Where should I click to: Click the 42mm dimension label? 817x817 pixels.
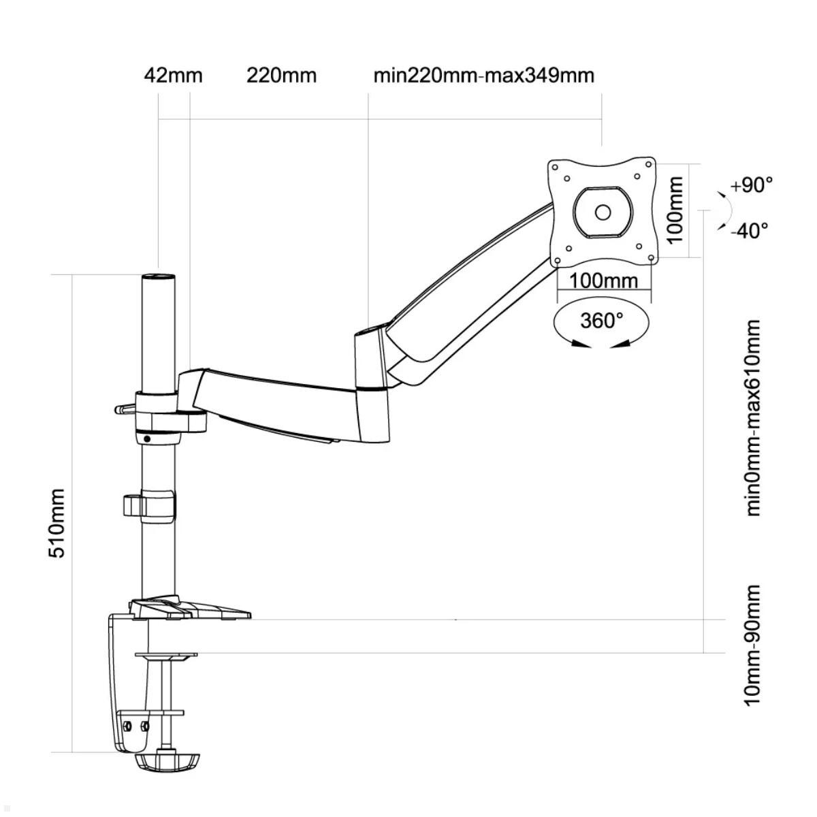(x=173, y=75)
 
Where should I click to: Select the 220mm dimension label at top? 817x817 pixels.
(x=281, y=75)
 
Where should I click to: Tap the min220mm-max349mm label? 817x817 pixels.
(x=483, y=75)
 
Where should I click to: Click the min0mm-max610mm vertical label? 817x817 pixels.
(x=752, y=418)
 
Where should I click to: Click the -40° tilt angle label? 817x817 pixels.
(x=748, y=230)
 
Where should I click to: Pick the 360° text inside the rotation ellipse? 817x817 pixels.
(x=602, y=320)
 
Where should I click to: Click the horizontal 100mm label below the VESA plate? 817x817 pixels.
(x=603, y=281)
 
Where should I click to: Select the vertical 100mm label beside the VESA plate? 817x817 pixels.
(x=674, y=210)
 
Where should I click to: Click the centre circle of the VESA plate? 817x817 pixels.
(x=603, y=212)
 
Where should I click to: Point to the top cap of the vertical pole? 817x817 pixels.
(x=157, y=278)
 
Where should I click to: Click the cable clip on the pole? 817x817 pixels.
(x=148, y=505)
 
